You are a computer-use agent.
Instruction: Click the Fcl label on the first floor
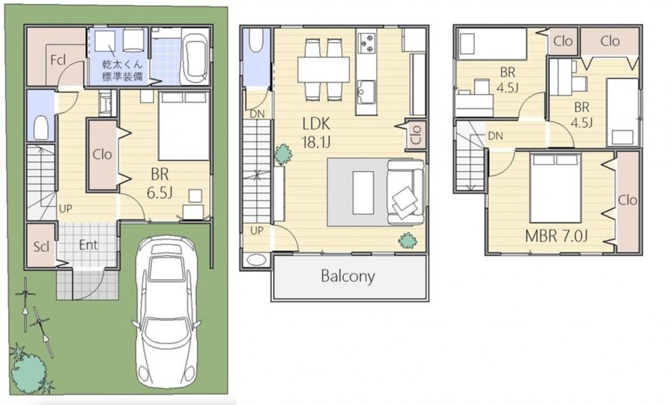click(x=58, y=60)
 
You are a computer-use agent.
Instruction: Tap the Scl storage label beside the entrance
click(x=42, y=246)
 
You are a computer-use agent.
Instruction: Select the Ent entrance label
click(x=88, y=245)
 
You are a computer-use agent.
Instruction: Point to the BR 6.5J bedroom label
click(x=160, y=183)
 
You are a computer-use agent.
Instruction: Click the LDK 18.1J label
click(x=316, y=133)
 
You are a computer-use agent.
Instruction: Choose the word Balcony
click(x=348, y=276)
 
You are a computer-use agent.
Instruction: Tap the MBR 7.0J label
click(x=556, y=236)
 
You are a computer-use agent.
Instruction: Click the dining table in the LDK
click(x=323, y=69)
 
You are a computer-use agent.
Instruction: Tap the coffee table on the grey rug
click(x=363, y=193)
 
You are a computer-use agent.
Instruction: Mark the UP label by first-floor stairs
click(x=66, y=209)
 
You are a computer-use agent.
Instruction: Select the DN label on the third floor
click(x=495, y=136)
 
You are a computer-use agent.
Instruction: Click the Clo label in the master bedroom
click(x=627, y=200)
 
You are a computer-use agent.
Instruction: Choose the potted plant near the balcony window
click(x=408, y=240)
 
